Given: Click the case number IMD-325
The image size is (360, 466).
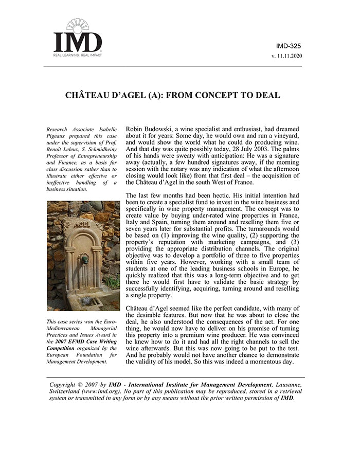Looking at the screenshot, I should tap(289, 46).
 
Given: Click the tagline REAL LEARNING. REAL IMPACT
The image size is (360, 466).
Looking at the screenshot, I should tap(78, 54).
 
